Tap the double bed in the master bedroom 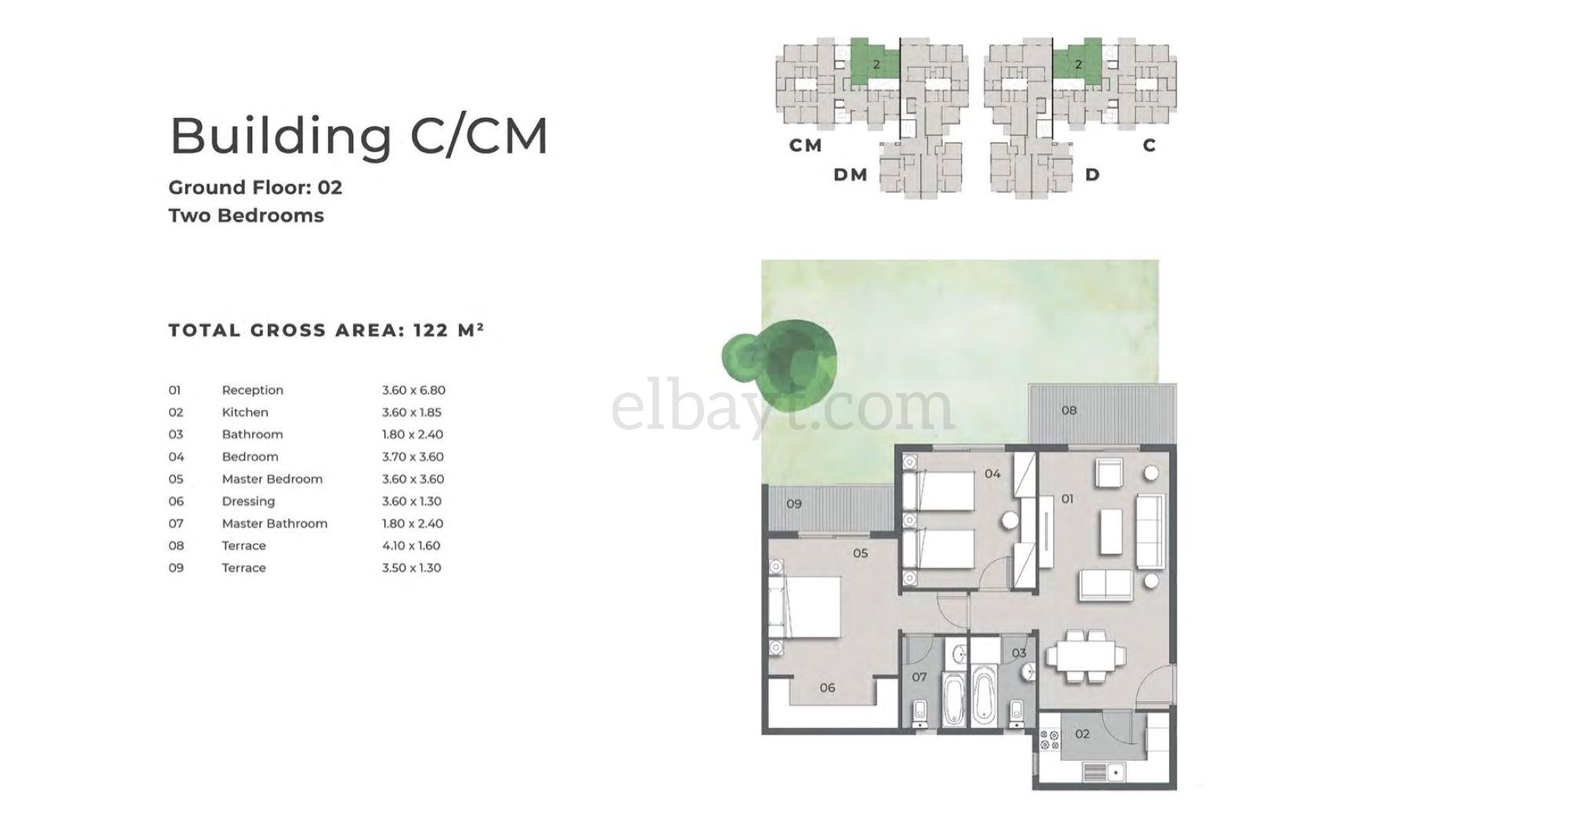(x=807, y=607)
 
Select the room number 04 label (x=992, y=474)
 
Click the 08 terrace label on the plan (x=1069, y=410)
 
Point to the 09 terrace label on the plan (x=794, y=504)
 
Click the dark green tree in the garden (x=779, y=358)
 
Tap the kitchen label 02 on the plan (x=1083, y=734)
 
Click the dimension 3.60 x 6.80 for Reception (x=413, y=390)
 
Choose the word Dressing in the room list (x=248, y=501)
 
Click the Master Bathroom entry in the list (x=275, y=523)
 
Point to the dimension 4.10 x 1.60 (x=411, y=545)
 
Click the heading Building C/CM (x=359, y=136)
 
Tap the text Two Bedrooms (x=246, y=215)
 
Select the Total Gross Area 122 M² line (x=326, y=329)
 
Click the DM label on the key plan (x=850, y=175)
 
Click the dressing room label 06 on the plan (x=827, y=688)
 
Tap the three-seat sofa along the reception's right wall (x=1150, y=532)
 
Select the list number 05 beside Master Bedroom (x=176, y=479)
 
